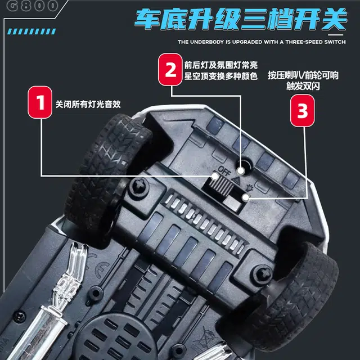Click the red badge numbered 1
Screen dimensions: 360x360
pos(40,102)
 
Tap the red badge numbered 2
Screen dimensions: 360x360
pos(170,69)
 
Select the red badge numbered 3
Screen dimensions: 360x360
pos(303,111)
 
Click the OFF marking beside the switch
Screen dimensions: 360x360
pos(224,171)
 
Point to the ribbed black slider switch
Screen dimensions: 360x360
pos(221,185)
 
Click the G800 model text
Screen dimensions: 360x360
pos(33,6)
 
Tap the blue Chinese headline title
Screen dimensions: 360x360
pos(240,20)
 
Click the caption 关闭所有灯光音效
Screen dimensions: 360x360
pos(88,105)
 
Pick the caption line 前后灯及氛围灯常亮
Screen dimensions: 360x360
pos(221,65)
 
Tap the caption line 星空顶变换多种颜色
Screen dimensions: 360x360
pos(221,76)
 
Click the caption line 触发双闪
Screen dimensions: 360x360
pos(303,86)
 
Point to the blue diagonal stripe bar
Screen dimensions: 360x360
pos(31,31)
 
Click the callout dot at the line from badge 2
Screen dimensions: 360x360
pos(241,171)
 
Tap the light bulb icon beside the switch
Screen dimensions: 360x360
pos(249,188)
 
